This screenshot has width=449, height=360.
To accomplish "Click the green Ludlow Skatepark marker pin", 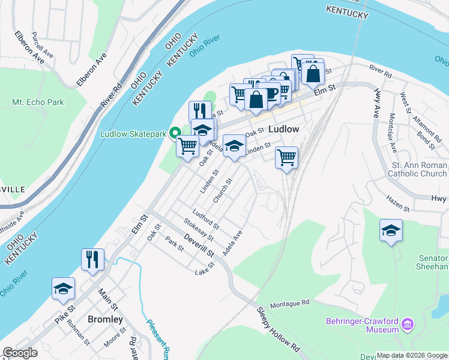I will point(176,133).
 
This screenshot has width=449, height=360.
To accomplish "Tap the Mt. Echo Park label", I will point(38,103).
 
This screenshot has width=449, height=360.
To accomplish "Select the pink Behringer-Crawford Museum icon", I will point(408,325).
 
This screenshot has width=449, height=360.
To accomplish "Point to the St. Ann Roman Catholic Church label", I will point(419,169).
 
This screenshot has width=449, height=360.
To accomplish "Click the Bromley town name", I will point(105,319).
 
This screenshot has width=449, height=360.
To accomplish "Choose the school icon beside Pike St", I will point(63,288).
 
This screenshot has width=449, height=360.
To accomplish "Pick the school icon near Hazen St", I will point(391,230).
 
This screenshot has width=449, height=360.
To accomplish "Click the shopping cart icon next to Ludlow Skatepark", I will point(188,145).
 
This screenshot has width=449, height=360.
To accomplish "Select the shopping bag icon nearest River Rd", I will point(313,74).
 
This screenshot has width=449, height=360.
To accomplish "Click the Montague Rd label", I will point(289,304).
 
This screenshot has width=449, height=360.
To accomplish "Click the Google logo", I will point(20,353).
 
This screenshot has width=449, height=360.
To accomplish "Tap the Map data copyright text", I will point(411,355).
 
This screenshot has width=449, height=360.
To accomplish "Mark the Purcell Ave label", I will point(42,44).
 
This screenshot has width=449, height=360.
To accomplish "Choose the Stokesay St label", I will point(199,231).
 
